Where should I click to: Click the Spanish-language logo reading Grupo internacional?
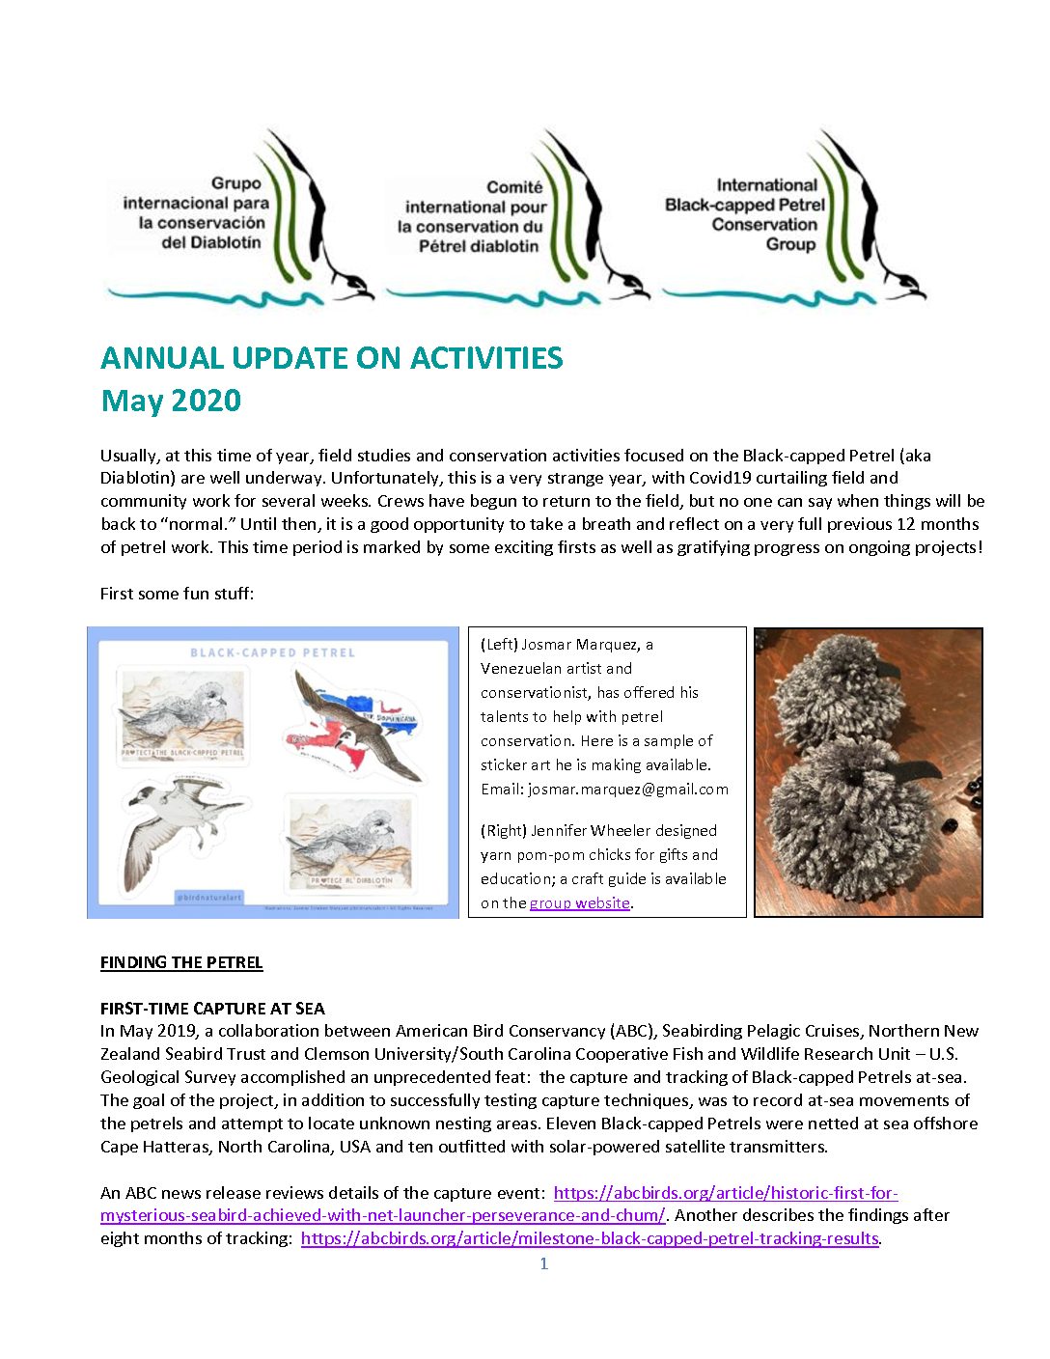point(196,212)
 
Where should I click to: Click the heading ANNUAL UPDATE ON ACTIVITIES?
point(331,358)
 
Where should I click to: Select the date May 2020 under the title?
point(171,401)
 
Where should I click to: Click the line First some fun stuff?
point(177,594)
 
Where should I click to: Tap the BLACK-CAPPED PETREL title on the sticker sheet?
point(272,652)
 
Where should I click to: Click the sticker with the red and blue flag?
point(358,725)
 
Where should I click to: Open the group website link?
point(579,903)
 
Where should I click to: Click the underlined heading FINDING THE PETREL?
point(181,962)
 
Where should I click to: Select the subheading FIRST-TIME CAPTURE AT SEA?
point(212,1009)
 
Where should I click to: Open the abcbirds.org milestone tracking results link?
point(590,1238)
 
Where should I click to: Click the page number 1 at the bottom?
point(544,1263)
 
